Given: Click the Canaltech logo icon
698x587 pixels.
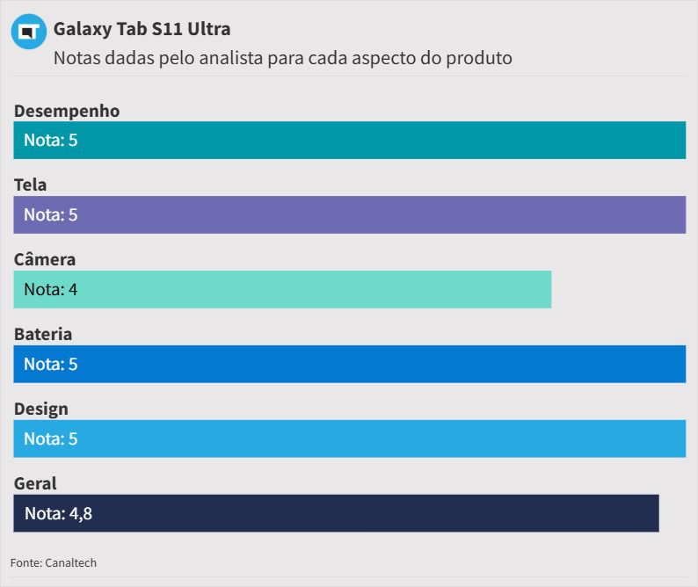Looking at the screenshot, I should pos(29,33).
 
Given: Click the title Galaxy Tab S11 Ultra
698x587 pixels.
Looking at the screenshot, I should pos(142,29).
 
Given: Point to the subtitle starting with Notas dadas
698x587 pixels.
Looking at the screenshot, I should pos(282,59).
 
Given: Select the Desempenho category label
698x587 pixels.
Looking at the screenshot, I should pos(67,111).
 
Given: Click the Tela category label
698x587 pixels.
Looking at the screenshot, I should pos(31,185).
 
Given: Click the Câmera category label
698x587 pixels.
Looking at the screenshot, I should pos(45,259).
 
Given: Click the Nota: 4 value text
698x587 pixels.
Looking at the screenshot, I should pos(50,289).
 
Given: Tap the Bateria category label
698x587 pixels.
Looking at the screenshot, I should pos(43,334).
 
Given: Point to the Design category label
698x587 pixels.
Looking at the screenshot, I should pos(40,409).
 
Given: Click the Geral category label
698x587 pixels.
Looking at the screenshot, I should pos(35,483).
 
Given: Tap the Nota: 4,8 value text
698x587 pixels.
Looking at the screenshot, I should pos(58,513).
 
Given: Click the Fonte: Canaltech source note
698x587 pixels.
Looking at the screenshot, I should pos(54,562).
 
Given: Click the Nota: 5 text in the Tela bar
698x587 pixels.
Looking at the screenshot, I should pos(50,214).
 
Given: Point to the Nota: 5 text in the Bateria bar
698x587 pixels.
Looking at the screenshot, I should pos(50,364).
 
